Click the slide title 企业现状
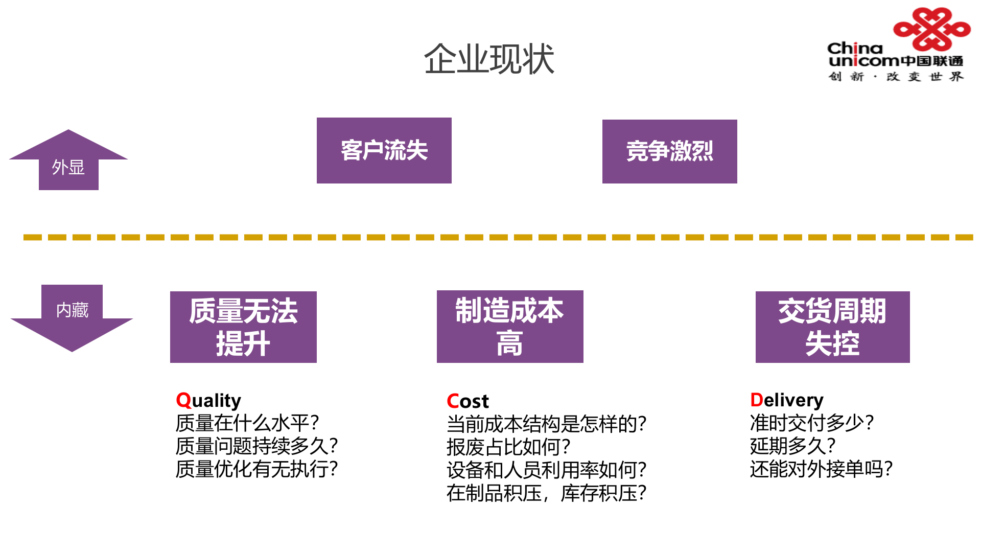[x=489, y=59]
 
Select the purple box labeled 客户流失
[x=384, y=150]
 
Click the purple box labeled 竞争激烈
[x=669, y=151]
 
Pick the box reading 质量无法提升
[x=243, y=327]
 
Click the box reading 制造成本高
[x=509, y=327]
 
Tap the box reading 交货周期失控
[x=832, y=327]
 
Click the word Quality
[x=208, y=400]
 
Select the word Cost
[x=468, y=401]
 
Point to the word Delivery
[x=786, y=400]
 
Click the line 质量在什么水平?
[x=247, y=423]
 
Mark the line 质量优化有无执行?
[x=256, y=469]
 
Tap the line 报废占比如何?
[x=508, y=447]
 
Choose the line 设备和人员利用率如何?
[x=546, y=470]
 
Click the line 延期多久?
[x=792, y=446]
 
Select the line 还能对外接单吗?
[x=821, y=469]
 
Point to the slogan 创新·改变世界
[x=896, y=77]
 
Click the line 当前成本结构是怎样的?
[x=546, y=424]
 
